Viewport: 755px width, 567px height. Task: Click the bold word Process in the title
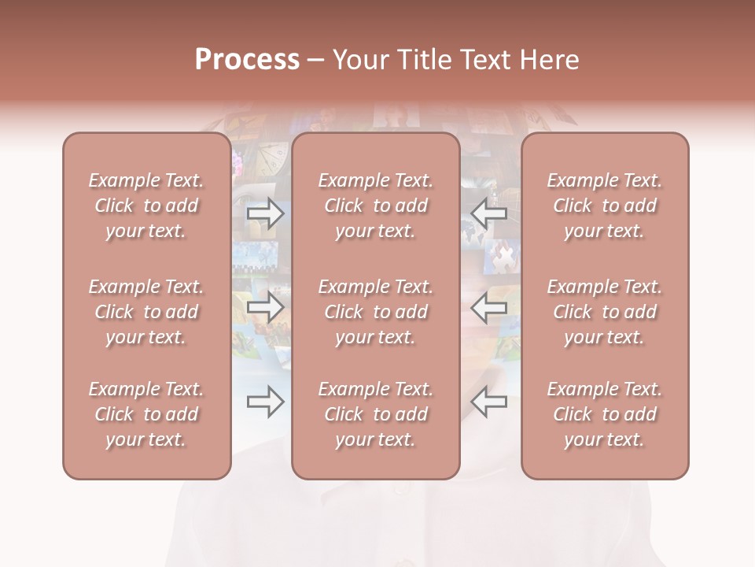coord(247,60)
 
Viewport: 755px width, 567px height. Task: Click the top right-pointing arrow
coord(265,213)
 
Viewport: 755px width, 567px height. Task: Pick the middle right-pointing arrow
coord(265,307)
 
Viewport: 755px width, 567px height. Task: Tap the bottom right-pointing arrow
coord(265,402)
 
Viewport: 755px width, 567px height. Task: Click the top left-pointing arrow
coord(489,213)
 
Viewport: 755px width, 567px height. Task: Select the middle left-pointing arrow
coord(489,307)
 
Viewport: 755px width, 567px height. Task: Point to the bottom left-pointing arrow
coord(489,402)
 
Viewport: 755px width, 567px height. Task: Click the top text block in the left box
coord(146,206)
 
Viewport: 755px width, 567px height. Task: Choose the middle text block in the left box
coord(146,312)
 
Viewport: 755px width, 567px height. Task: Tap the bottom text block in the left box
coord(146,414)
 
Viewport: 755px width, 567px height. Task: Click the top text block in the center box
coord(375,206)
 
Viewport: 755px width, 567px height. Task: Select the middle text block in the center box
coord(375,312)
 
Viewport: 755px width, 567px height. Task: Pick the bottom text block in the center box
coord(375,414)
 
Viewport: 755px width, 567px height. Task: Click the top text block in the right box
coord(604,206)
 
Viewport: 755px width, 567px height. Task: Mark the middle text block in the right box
coord(604,312)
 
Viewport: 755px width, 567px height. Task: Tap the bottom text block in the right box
coord(604,414)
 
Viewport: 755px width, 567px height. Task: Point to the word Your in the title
coord(360,60)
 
